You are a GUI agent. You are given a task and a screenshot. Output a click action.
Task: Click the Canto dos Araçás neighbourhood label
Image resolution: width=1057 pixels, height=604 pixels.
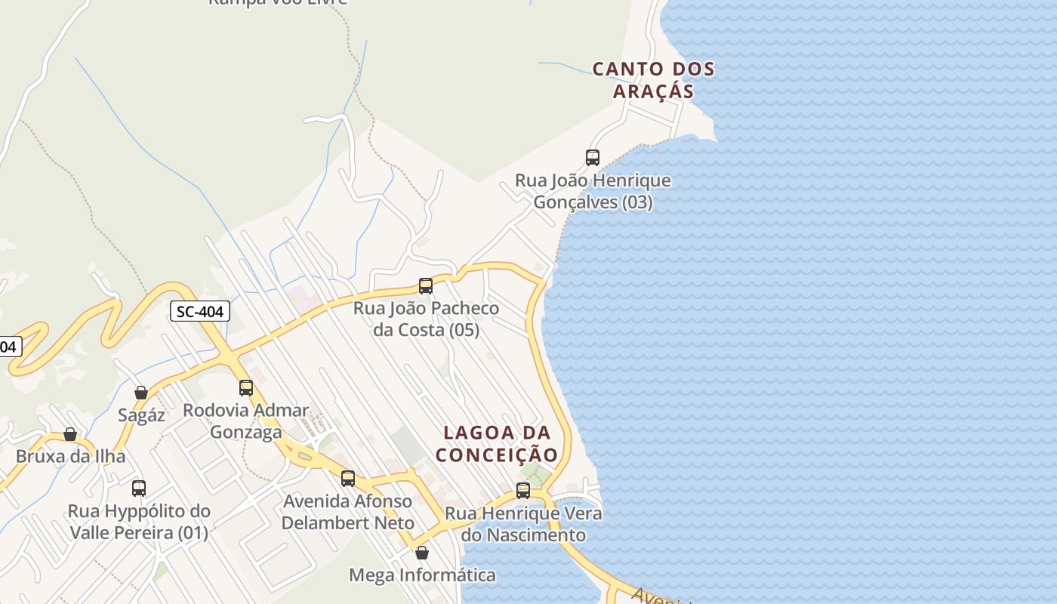click(653, 80)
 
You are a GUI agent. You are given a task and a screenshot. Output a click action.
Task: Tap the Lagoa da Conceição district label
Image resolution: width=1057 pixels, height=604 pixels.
click(497, 444)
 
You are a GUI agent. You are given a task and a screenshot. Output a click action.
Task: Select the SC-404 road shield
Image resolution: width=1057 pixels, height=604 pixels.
click(199, 311)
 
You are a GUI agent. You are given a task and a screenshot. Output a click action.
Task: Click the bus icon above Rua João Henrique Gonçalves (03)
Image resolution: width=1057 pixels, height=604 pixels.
click(593, 158)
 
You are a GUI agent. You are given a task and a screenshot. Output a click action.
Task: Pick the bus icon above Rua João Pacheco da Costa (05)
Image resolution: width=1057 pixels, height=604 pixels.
click(426, 286)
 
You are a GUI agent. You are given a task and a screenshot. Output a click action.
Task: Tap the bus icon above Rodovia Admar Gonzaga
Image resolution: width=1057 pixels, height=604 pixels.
click(246, 388)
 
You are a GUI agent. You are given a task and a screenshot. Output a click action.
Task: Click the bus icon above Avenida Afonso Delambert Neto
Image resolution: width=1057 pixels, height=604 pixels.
click(348, 479)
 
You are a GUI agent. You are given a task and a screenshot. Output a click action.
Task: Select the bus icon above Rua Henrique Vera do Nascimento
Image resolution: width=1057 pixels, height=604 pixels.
click(523, 491)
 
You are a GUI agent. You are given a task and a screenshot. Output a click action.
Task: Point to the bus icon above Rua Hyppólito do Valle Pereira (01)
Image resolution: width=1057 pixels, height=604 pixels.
click(139, 488)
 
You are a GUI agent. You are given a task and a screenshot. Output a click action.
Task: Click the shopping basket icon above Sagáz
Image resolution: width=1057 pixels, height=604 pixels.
click(141, 393)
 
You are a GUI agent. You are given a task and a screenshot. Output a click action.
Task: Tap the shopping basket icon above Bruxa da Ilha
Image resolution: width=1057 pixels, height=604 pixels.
click(70, 434)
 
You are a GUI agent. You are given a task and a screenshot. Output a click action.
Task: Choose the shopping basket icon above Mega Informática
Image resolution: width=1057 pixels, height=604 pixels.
click(422, 553)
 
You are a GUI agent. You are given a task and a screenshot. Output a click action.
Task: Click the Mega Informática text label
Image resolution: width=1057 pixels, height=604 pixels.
click(422, 575)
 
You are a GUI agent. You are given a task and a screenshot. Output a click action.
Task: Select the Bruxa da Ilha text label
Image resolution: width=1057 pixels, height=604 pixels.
click(70, 457)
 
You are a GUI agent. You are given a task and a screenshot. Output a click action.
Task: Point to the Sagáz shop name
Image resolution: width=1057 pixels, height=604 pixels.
click(141, 415)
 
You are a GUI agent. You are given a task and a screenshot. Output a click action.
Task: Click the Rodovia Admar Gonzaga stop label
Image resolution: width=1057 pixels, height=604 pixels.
click(246, 421)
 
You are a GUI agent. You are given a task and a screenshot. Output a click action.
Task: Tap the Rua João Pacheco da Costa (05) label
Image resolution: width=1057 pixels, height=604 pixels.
click(426, 319)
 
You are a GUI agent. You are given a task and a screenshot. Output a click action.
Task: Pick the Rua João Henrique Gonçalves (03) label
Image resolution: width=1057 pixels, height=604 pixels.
click(593, 192)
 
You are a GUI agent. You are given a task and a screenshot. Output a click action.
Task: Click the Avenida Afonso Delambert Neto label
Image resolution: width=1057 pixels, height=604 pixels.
click(348, 512)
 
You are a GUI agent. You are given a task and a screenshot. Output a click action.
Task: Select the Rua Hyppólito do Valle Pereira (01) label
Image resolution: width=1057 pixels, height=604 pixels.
click(139, 522)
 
